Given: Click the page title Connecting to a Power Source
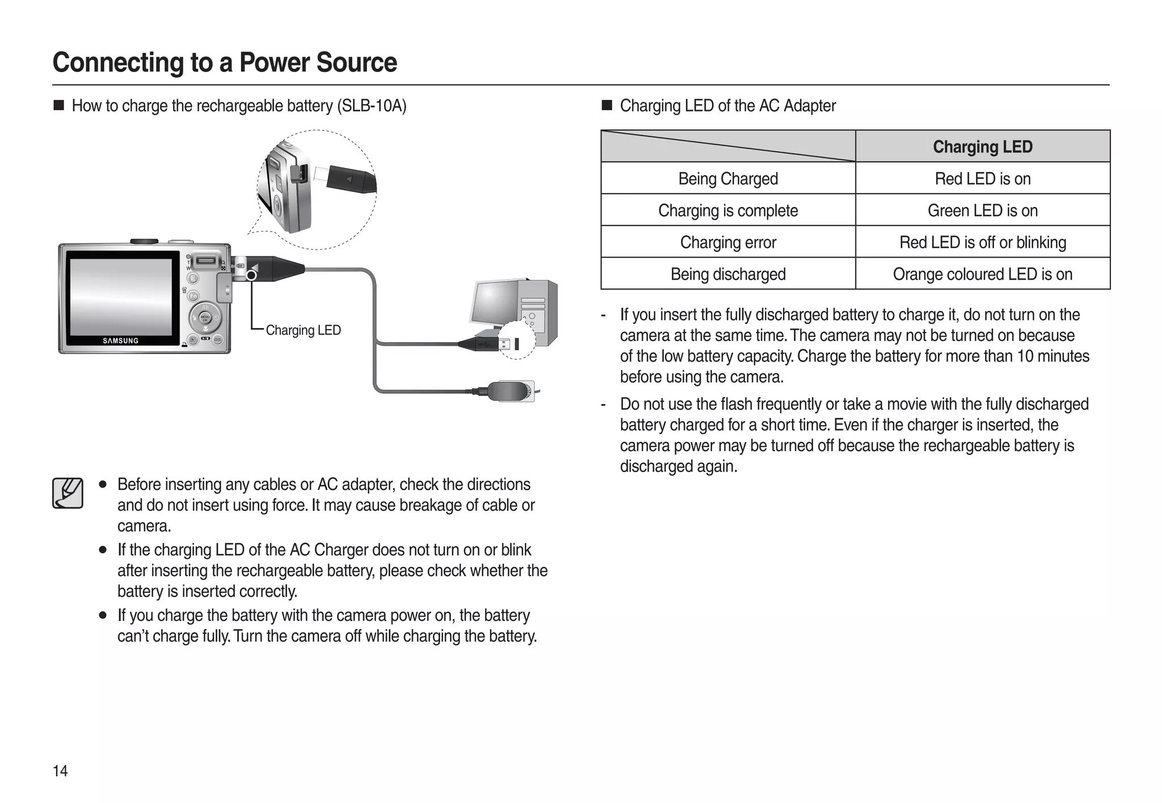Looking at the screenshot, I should pyautogui.click(x=225, y=62).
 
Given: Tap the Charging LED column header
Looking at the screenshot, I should pyautogui.click(x=982, y=147).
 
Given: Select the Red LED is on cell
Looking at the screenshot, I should pyautogui.click(x=982, y=179).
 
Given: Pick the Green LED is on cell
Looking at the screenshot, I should pyautogui.click(x=982, y=211).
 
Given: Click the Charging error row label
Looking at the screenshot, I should pyautogui.click(x=728, y=242).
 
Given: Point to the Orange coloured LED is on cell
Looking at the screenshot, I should pyautogui.click(x=982, y=274).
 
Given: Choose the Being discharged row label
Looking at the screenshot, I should pyautogui.click(x=728, y=274).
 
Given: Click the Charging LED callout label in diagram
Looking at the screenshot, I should pyautogui.click(x=303, y=330).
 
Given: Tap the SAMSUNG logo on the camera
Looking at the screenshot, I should pyautogui.click(x=120, y=341).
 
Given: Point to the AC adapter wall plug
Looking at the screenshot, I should pyautogui.click(x=511, y=391).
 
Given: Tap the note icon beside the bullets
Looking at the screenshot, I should pyautogui.click(x=68, y=493).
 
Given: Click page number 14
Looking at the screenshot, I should pyautogui.click(x=60, y=771).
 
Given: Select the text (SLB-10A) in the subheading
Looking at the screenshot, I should pyautogui.click(x=372, y=106).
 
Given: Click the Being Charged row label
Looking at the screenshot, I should pyautogui.click(x=728, y=179).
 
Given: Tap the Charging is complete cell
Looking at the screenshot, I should pyautogui.click(x=728, y=211).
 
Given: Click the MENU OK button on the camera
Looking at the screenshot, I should pyautogui.click(x=205, y=318).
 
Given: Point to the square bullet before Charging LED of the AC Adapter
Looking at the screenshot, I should pyautogui.click(x=607, y=106).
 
